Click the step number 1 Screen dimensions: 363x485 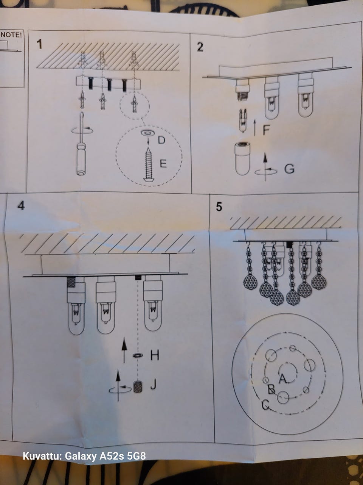[39, 44]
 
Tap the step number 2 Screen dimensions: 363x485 [200, 47]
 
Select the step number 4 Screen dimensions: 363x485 [21, 206]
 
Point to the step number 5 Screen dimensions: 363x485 [219, 207]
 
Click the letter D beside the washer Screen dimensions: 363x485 [161, 140]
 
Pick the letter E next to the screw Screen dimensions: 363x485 [163, 164]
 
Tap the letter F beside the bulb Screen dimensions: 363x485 [266, 130]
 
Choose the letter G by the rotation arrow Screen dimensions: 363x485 [289, 169]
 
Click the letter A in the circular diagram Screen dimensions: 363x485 [283, 379]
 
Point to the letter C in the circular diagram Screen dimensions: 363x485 [265, 405]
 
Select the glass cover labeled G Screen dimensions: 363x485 [242, 159]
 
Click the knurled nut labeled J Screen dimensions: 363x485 [138, 386]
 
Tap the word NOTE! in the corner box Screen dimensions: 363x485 [11, 35]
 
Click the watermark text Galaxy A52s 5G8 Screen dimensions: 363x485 [105, 456]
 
